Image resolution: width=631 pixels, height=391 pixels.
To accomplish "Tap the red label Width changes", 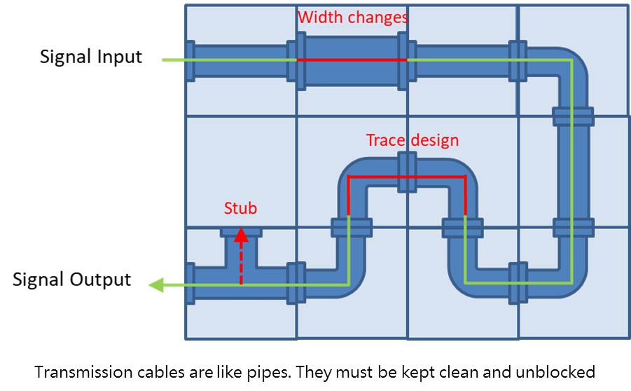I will (352, 17).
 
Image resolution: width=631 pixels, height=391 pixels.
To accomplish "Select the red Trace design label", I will (412, 140).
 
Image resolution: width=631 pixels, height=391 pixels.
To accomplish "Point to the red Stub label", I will (240, 208).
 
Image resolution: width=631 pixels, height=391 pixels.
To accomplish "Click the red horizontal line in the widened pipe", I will (352, 60).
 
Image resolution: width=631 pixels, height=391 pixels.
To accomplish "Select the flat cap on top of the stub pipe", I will (241, 231).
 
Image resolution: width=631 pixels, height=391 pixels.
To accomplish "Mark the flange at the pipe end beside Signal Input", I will (190, 62).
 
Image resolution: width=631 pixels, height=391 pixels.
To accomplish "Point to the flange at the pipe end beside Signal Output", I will (190, 283).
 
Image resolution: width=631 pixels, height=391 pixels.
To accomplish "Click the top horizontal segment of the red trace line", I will (406, 178).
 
